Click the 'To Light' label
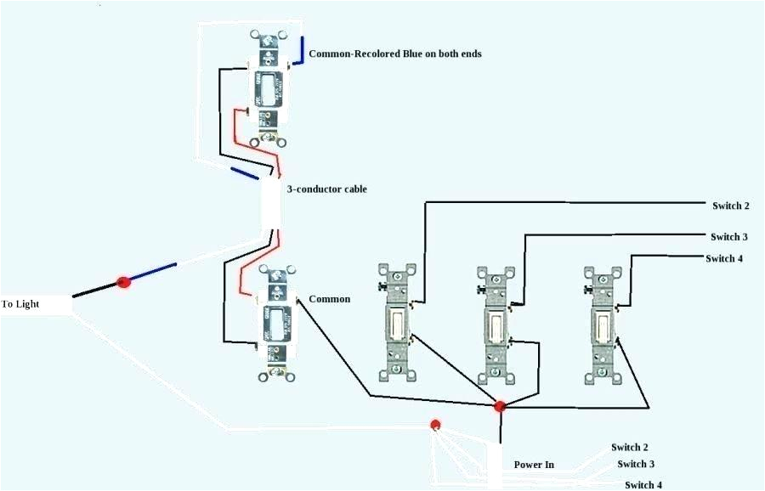(x=20, y=303)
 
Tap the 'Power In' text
(x=534, y=465)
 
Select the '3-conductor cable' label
(x=327, y=189)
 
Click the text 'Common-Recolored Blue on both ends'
(x=395, y=54)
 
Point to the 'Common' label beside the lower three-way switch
(x=329, y=299)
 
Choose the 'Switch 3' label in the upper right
(x=729, y=236)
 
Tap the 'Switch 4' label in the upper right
(x=725, y=258)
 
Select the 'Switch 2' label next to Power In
(x=630, y=447)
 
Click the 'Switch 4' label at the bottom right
(x=643, y=484)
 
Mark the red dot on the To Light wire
(x=123, y=281)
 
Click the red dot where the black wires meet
(x=500, y=407)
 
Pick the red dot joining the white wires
(x=435, y=424)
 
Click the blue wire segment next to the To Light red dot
(x=154, y=273)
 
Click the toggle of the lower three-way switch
(x=277, y=323)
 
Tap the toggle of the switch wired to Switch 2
(x=397, y=321)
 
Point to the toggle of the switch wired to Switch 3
(x=496, y=324)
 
